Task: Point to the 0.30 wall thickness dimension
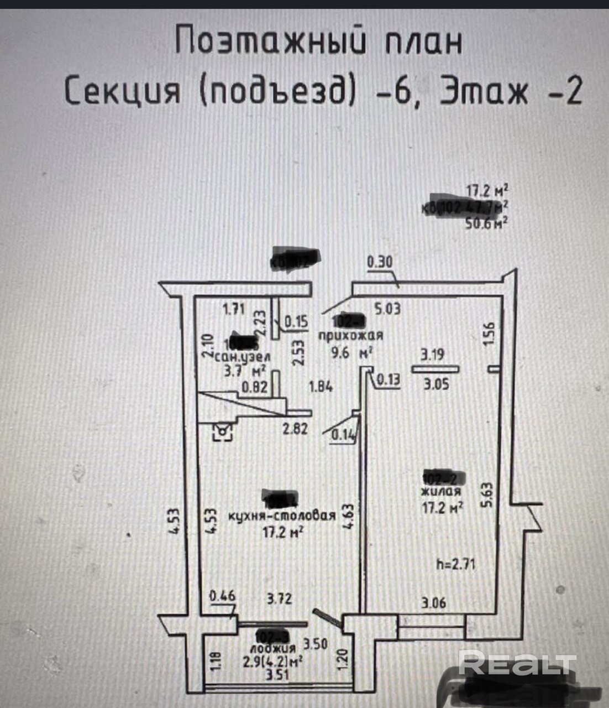click(380, 262)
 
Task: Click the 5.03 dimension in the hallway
click(387, 309)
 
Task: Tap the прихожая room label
click(350, 335)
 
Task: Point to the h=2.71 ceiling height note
click(455, 564)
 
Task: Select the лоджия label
click(272, 648)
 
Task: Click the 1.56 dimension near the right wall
click(490, 335)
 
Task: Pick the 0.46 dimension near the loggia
click(222, 596)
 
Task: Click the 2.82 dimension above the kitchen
click(295, 428)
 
